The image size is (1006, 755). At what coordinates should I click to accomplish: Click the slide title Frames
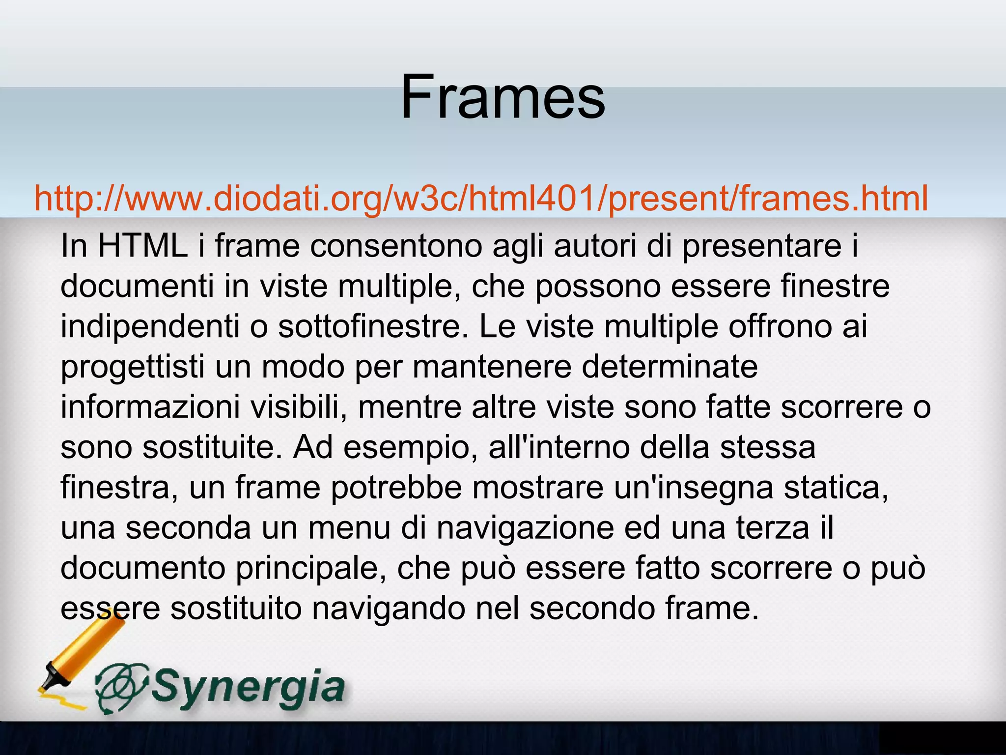pos(503,96)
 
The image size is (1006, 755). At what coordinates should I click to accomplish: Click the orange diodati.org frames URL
pos(481,199)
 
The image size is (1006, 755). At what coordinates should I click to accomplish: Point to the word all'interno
pos(559,447)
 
